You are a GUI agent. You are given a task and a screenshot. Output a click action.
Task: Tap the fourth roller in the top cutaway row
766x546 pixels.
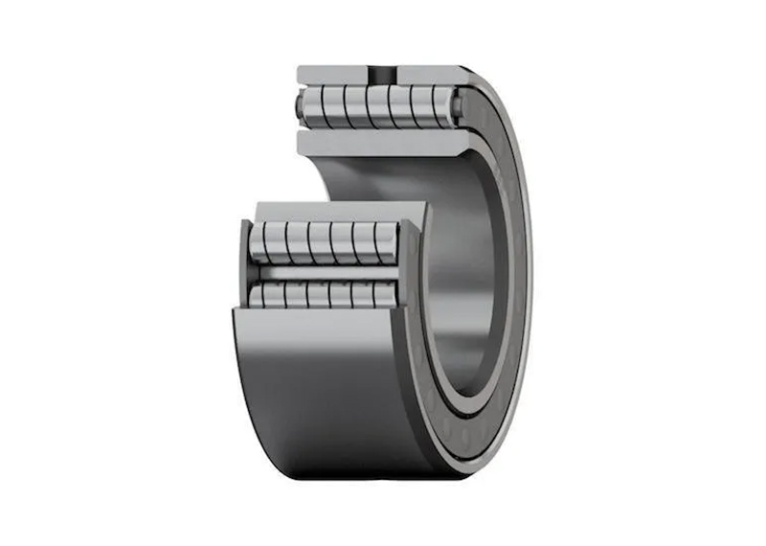pyautogui.click(x=376, y=105)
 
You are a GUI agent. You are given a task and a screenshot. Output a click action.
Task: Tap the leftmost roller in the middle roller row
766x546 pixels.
pyautogui.click(x=260, y=242)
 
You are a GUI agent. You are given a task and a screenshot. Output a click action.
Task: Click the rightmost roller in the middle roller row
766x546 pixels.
pyautogui.click(x=385, y=242)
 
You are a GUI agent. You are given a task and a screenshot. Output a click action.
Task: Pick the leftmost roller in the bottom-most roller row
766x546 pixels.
pyautogui.click(x=260, y=296)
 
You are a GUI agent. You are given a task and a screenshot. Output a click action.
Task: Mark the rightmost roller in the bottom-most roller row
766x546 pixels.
pyautogui.click(x=384, y=296)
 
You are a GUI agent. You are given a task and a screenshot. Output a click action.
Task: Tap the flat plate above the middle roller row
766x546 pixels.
pyautogui.click(x=335, y=211)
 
